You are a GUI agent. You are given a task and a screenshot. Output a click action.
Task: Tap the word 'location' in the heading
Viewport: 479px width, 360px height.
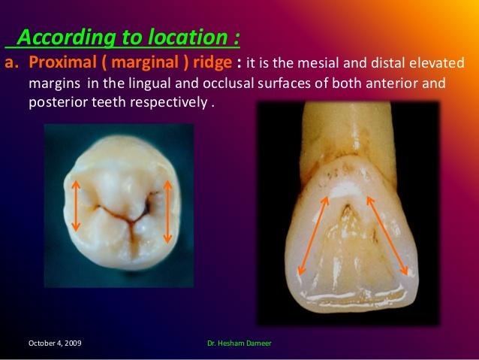click(185, 37)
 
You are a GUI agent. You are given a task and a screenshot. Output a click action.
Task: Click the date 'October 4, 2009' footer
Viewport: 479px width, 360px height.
click(56, 343)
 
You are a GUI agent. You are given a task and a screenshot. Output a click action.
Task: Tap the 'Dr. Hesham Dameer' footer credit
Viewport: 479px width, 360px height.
click(239, 343)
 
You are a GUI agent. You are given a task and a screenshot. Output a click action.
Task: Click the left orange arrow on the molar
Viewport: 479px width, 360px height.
click(75, 205)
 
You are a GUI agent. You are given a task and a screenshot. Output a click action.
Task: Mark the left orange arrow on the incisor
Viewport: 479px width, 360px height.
click(314, 235)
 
